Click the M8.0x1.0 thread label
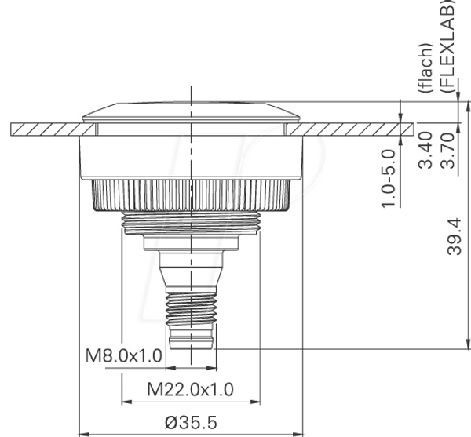point(124,356)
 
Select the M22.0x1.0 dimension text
point(190,390)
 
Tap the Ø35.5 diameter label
point(191,423)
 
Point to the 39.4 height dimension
point(455,237)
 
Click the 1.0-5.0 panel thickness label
point(388,178)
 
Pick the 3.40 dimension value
point(425,150)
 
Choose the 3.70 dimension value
point(447,151)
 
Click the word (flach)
point(426,68)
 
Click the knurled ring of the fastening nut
point(191,195)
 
